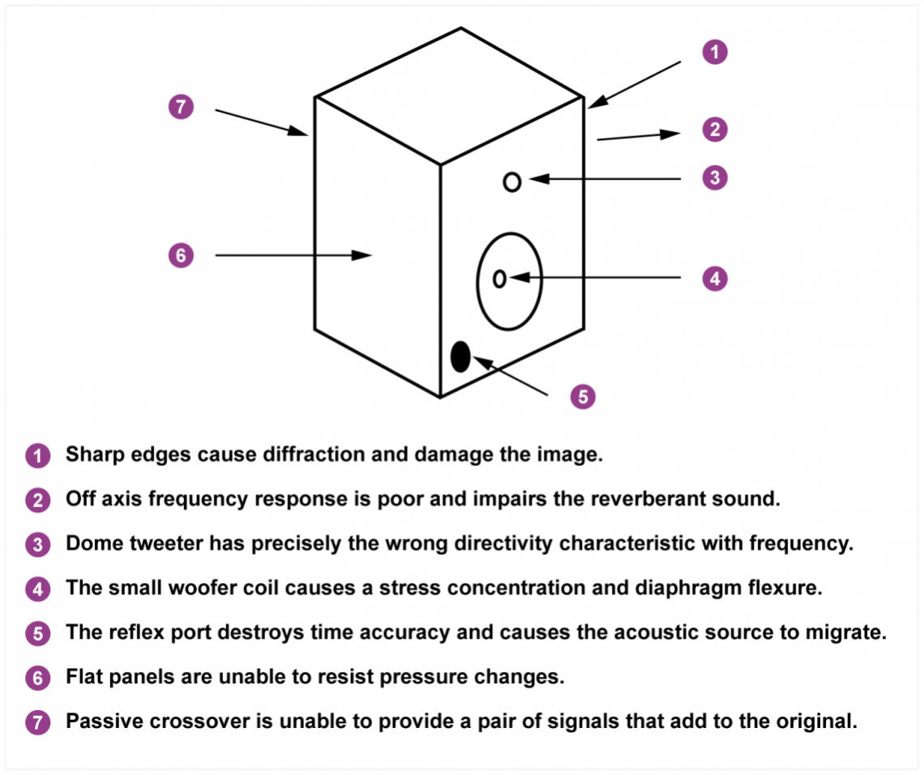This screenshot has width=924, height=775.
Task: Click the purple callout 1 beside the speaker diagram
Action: coord(714,53)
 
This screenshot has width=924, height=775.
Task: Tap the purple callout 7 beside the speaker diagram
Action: coord(181,107)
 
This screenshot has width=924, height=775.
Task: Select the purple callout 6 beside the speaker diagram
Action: coord(181,255)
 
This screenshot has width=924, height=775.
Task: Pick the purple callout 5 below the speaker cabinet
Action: coord(583,396)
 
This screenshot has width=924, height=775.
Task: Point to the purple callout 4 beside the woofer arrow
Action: coord(714,279)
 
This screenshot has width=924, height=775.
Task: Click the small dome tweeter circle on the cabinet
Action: coord(511,182)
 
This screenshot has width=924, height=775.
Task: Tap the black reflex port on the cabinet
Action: coord(460,356)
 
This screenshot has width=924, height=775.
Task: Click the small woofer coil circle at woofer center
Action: coord(499,279)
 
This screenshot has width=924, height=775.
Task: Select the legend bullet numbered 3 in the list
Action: coord(37,544)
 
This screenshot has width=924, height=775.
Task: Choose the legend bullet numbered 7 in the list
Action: coord(37,721)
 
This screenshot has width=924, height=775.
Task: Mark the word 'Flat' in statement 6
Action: coord(82,677)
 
